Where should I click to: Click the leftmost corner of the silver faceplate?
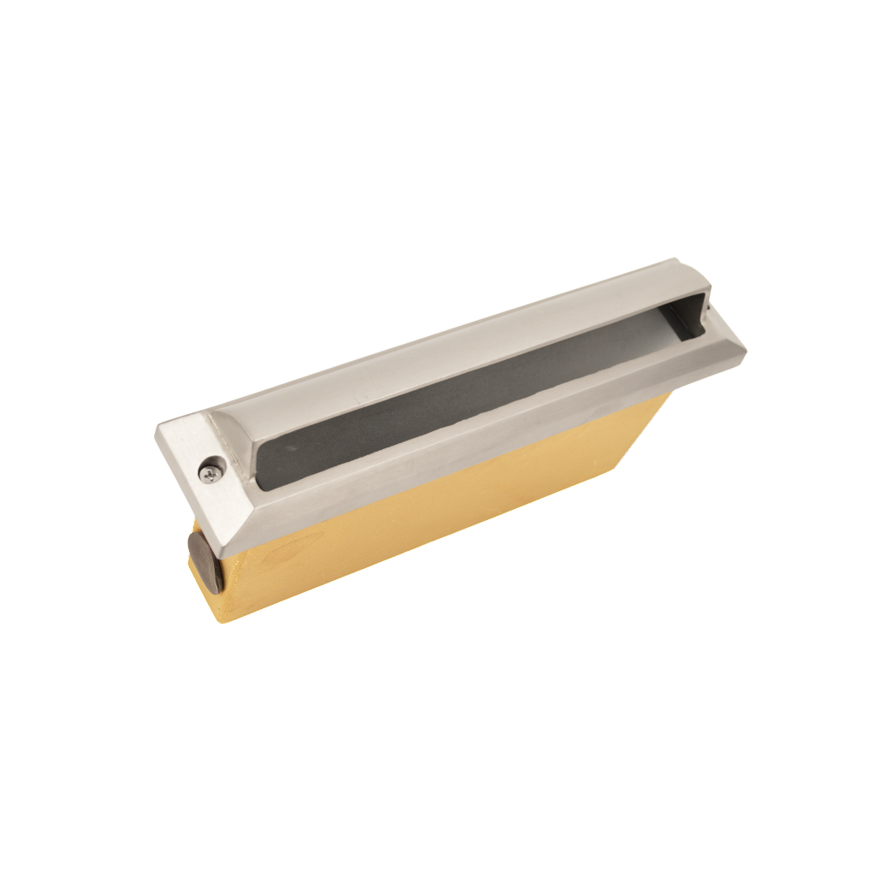point(157,428)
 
